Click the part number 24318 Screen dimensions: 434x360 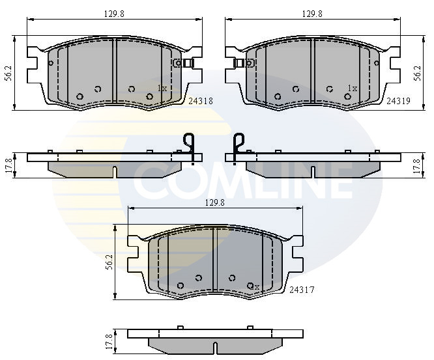(x=201, y=101)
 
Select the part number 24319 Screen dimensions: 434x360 (x=399, y=101)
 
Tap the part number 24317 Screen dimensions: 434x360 (x=302, y=290)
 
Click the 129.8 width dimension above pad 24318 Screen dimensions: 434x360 (x=114, y=14)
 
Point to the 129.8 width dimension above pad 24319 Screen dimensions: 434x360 (x=312, y=14)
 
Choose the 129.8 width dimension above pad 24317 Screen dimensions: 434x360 (x=215, y=202)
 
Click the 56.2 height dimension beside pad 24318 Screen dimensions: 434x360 (x=9, y=74)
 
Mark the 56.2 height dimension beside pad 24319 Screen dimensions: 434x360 (x=418, y=74)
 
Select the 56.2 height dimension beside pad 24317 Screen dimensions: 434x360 (x=109, y=262)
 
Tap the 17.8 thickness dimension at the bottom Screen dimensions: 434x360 (x=110, y=341)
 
